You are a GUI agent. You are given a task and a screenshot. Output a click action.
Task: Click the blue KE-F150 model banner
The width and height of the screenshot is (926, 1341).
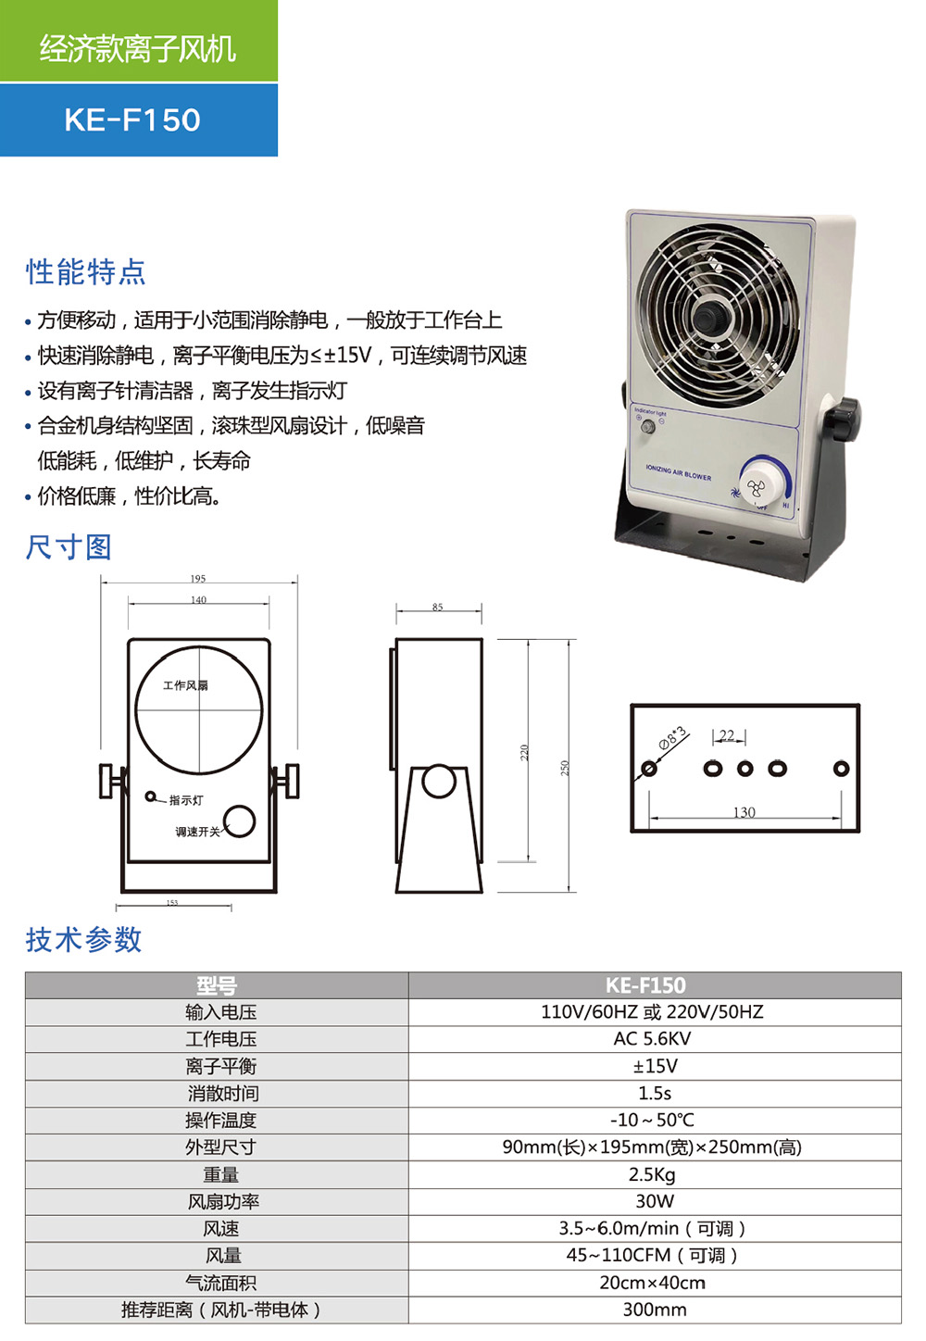(x=138, y=119)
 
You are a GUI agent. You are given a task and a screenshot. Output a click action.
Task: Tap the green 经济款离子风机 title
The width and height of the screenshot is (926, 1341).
(x=138, y=46)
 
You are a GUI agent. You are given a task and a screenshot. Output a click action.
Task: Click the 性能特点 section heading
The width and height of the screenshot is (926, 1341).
(x=85, y=272)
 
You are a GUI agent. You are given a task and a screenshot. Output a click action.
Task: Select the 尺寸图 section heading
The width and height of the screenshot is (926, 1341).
(x=69, y=547)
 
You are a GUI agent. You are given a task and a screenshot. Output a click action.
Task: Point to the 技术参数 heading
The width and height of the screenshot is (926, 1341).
(x=83, y=940)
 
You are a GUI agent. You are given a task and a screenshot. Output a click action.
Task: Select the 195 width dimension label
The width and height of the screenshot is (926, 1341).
(x=198, y=579)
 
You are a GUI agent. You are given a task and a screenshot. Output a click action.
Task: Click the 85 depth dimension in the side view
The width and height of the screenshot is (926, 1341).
(x=438, y=608)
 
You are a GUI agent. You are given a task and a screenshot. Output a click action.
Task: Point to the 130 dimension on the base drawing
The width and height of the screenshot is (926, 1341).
(x=744, y=812)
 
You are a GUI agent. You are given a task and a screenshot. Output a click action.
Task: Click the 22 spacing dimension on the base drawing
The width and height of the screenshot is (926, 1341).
(x=727, y=735)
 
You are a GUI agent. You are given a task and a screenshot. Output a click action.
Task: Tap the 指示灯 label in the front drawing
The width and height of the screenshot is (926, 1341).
(x=185, y=800)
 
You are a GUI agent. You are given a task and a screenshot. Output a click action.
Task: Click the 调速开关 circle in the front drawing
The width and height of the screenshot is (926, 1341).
(x=239, y=821)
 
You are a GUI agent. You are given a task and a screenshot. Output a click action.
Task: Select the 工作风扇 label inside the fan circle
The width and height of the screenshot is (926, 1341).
(x=185, y=685)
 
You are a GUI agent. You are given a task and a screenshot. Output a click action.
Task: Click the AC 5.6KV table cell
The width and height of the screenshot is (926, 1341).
(x=654, y=1039)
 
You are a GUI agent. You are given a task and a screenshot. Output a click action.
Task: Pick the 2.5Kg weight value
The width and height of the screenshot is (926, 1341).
(x=654, y=1174)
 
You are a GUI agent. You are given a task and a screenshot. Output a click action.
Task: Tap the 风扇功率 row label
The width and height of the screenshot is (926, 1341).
(x=222, y=1201)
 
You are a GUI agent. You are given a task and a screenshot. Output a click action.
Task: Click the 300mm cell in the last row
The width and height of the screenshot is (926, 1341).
(x=654, y=1310)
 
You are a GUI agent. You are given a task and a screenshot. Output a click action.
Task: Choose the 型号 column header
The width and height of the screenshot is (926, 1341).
(x=217, y=985)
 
